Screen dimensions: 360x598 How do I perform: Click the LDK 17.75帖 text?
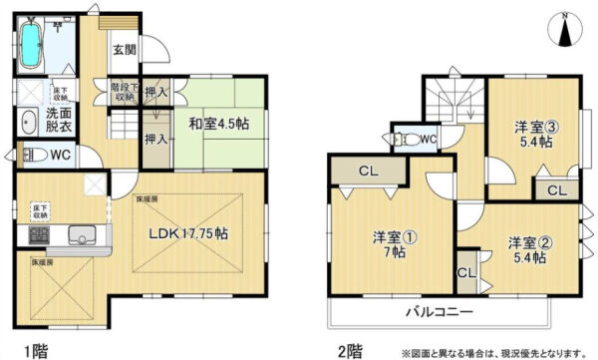pos(189,234)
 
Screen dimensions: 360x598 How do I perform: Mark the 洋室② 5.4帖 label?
pos(525,249)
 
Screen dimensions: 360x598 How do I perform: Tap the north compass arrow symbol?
pos(566,30)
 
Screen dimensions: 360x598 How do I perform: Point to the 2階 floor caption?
pos(349,350)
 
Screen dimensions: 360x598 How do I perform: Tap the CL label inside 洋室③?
pos(556,190)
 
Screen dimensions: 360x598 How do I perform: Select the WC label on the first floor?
pos(59,155)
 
